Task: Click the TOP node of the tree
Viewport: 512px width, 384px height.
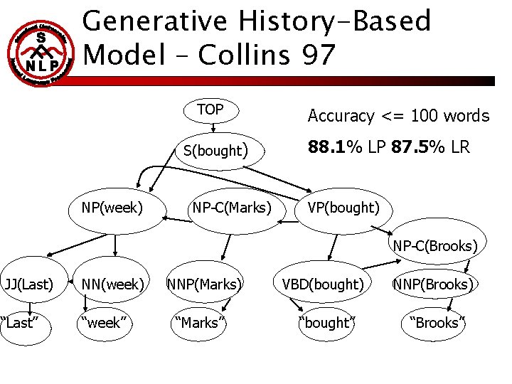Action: point(210,110)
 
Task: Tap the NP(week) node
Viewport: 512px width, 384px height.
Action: point(112,208)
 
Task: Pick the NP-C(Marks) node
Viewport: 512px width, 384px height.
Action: point(232,208)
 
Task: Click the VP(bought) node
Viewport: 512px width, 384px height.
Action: point(343,208)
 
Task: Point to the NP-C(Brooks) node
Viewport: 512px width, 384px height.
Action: point(435,246)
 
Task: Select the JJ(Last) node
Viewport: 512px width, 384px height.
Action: point(28,284)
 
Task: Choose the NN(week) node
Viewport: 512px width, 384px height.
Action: point(114,284)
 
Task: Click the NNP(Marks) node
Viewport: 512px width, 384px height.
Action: point(204,284)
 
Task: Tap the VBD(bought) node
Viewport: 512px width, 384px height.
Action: point(323,284)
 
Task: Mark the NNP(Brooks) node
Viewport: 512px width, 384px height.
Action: point(433,284)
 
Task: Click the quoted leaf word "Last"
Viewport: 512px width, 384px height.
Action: point(19,323)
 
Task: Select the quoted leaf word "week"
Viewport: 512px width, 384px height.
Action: point(105,323)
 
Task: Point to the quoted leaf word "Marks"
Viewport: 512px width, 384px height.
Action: point(200,323)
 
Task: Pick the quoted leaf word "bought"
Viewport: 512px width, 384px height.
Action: point(327,323)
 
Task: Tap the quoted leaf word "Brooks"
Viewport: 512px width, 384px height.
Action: point(434,323)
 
